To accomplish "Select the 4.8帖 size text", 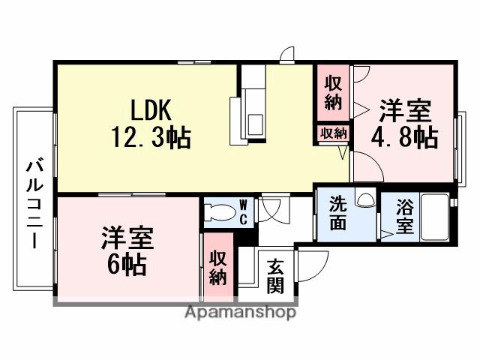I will (x=405, y=137).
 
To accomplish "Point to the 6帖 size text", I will (x=127, y=265).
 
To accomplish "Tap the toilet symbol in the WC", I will (x=220, y=211).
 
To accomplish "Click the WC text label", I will (x=244, y=211).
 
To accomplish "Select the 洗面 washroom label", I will (x=337, y=213).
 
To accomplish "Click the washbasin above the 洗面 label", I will (x=365, y=199).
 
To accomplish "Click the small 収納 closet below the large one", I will (x=333, y=133).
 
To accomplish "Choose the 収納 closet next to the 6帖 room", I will (x=217, y=265).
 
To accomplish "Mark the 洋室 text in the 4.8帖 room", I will (x=404, y=110).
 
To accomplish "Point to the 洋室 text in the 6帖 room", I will (x=128, y=239).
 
